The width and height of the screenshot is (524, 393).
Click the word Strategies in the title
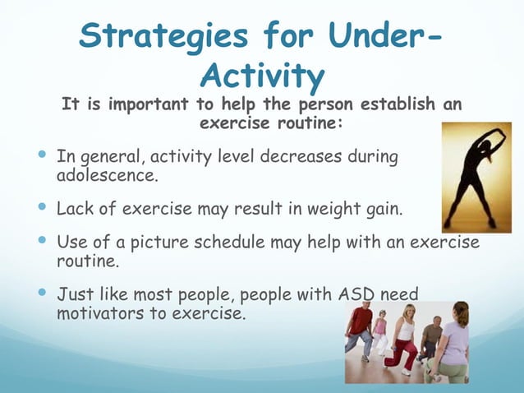(163, 37)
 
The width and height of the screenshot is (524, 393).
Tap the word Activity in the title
(262, 76)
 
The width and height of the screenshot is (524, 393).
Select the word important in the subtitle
(148, 104)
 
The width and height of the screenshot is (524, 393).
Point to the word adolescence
(107, 175)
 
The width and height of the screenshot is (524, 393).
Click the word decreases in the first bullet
(301, 156)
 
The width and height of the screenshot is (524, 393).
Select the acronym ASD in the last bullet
(356, 294)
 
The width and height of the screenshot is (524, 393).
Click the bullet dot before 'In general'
(42, 155)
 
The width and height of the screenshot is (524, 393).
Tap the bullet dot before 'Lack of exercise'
(42, 206)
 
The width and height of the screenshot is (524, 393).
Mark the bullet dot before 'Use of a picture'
(42, 240)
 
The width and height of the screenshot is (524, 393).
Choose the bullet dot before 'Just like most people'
(42, 292)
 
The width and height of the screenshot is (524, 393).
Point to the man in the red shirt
(359, 331)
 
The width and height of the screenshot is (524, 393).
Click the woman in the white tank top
(403, 338)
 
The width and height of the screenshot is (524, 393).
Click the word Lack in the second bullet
(75, 208)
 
